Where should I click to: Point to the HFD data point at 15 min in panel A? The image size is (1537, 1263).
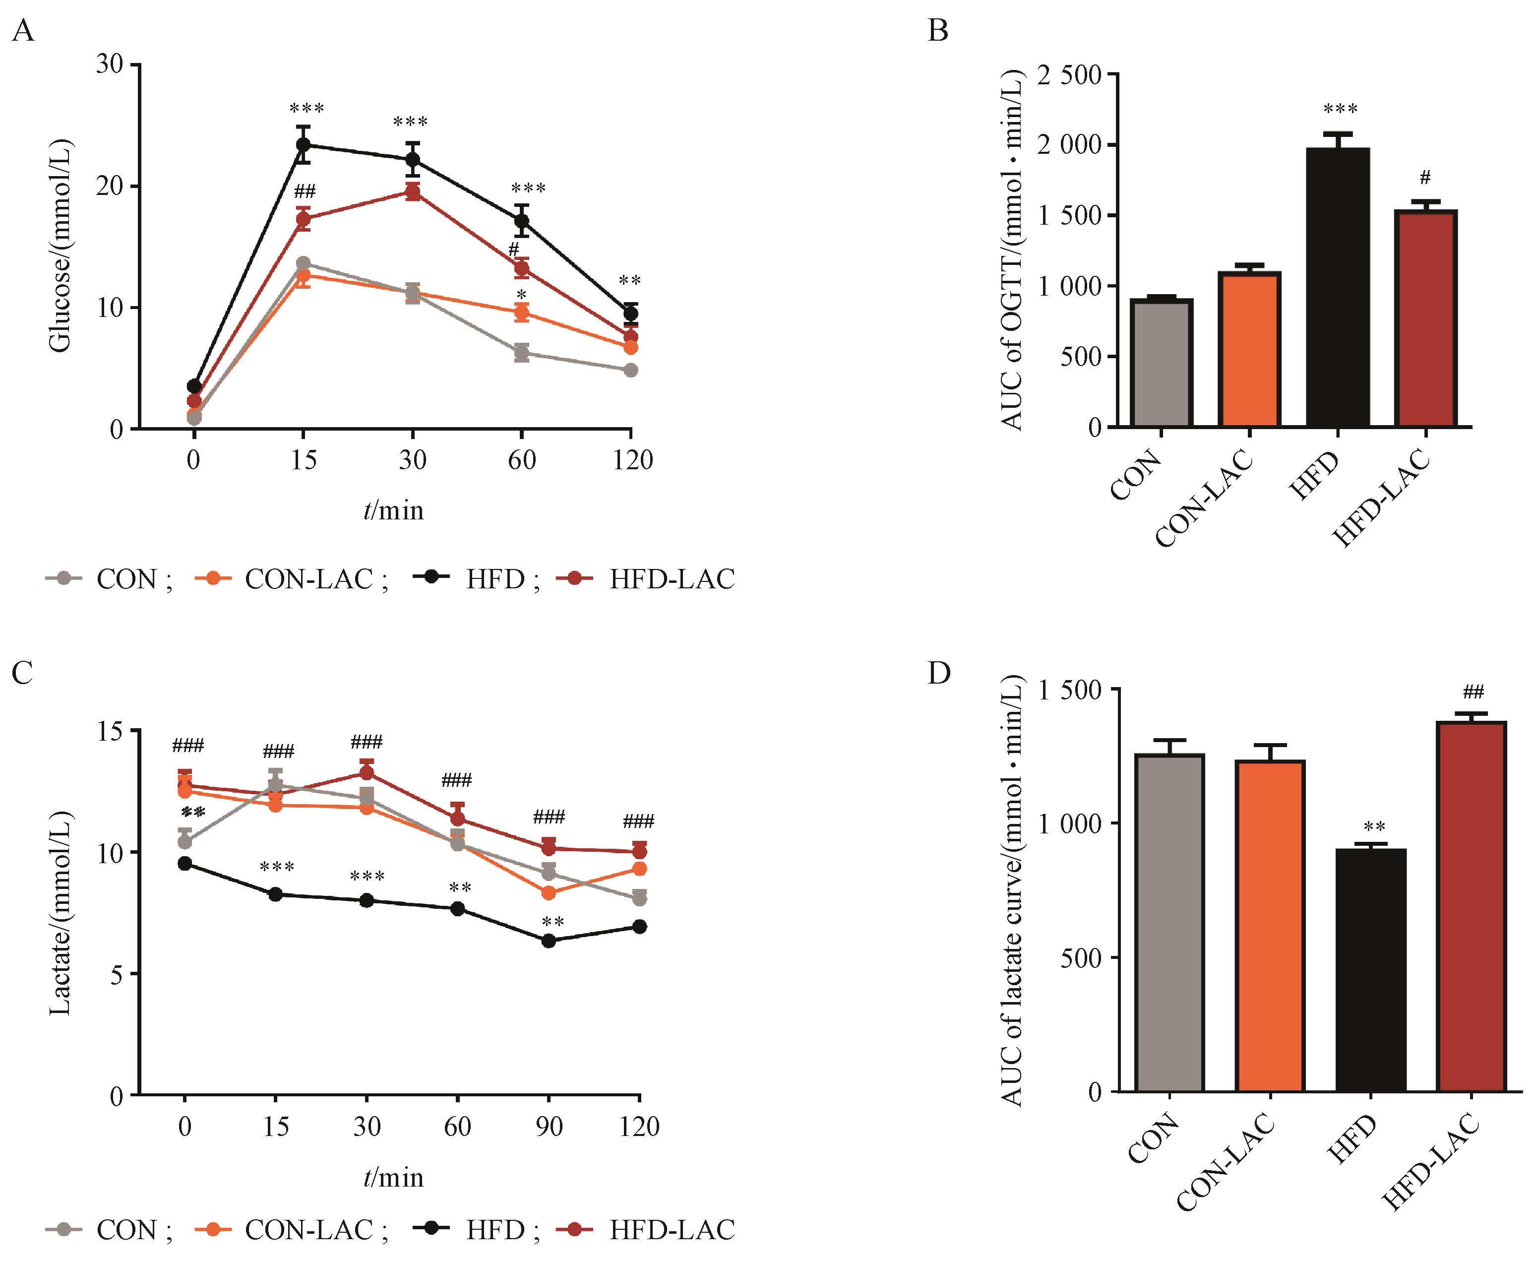(x=304, y=144)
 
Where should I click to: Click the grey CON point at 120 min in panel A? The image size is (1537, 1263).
(x=631, y=370)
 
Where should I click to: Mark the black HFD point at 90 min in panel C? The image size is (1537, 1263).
(x=549, y=941)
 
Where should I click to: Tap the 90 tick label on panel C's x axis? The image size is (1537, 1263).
(x=549, y=1127)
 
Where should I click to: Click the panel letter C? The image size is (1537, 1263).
(x=23, y=674)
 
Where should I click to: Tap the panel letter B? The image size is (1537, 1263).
(x=938, y=31)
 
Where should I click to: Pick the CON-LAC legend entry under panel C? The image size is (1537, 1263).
(x=291, y=1230)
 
